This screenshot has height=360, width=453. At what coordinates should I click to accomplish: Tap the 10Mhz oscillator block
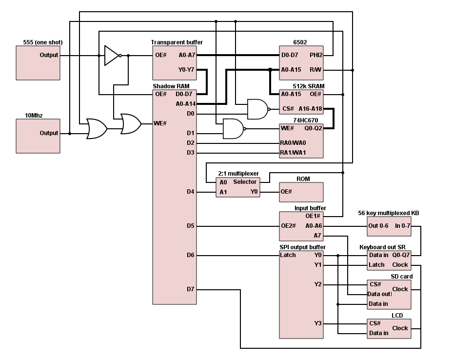pyautogui.click(x=39, y=136)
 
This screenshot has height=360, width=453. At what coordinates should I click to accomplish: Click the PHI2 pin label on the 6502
pyautogui.click(x=315, y=55)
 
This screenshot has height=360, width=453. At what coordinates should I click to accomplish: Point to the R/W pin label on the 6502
pyautogui.click(x=315, y=70)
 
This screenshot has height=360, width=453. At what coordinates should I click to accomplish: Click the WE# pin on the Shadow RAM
pyautogui.click(x=160, y=123)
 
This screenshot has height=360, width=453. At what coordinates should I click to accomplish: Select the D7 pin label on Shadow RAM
pyautogui.click(x=190, y=289)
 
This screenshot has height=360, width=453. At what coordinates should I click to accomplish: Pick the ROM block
pyautogui.click(x=301, y=192)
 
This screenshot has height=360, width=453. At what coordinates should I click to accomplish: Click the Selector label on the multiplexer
pyautogui.click(x=245, y=182)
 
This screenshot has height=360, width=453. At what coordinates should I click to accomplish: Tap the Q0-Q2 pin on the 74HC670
pyautogui.click(x=314, y=128)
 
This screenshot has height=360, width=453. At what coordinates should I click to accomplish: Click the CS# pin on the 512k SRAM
pyautogui.click(x=288, y=109)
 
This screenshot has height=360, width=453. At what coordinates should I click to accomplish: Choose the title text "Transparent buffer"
pyautogui.click(x=177, y=42)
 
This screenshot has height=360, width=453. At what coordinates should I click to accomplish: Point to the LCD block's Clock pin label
pyautogui.click(x=400, y=328)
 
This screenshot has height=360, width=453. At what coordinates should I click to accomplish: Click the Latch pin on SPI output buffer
pyautogui.click(x=288, y=255)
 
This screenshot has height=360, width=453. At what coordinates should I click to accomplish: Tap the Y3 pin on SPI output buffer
pyautogui.click(x=318, y=323)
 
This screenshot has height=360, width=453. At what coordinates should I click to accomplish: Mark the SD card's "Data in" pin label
pyautogui.click(x=378, y=304)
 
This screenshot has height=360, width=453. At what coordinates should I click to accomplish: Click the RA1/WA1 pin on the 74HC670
pyautogui.click(x=293, y=153)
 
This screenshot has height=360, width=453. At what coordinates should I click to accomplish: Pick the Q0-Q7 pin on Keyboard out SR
pyautogui.click(x=401, y=255)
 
